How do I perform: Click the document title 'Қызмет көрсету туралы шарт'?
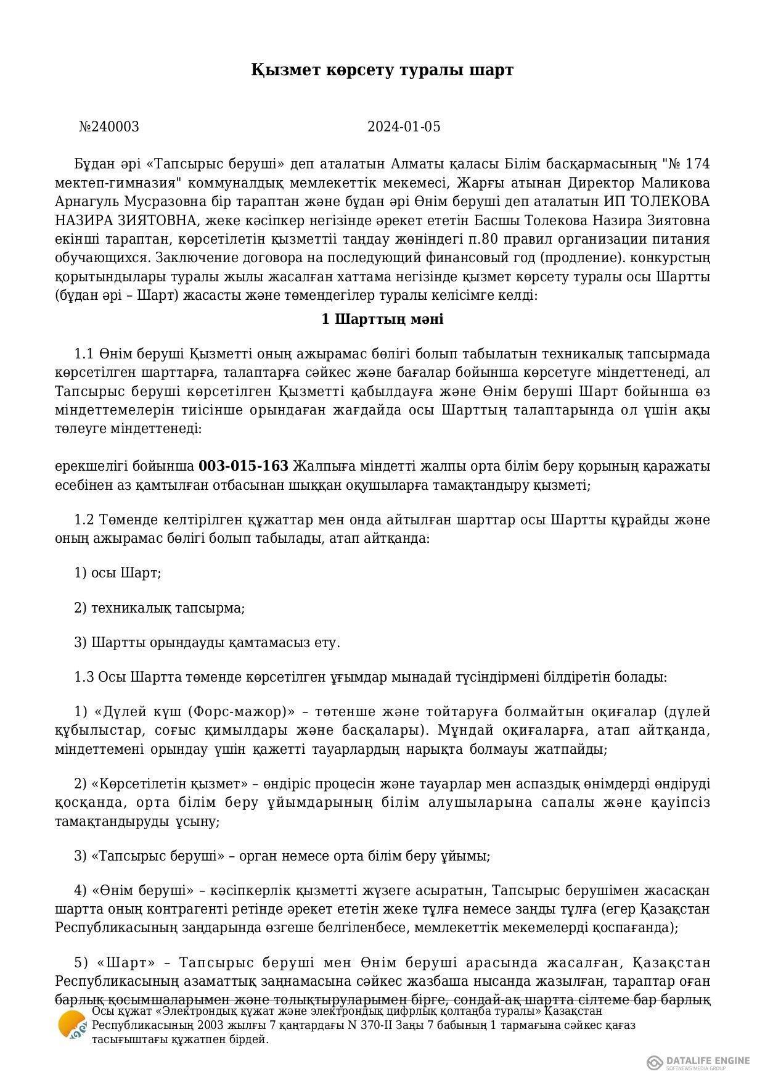[x=382, y=70]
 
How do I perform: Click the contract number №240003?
[x=109, y=127]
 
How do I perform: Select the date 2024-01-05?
[x=404, y=127]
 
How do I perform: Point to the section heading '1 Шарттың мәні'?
[x=382, y=320]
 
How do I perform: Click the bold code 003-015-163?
[x=243, y=466]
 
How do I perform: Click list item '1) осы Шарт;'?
[x=118, y=573]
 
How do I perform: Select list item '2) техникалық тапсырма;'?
[x=160, y=608]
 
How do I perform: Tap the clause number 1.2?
[x=84, y=519]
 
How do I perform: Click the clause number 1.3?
[x=84, y=677]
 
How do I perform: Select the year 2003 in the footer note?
[x=193, y=1025]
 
